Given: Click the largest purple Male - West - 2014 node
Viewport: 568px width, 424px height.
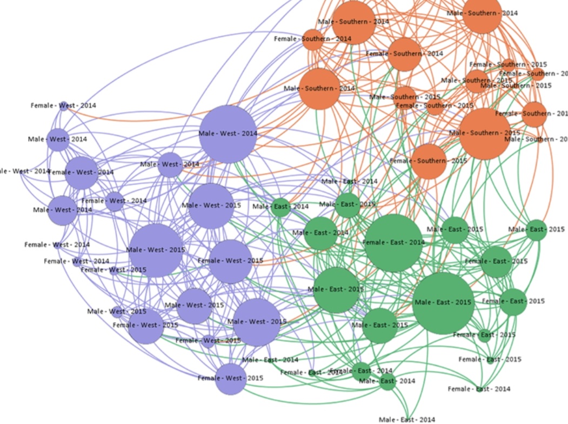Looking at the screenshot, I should click(x=228, y=134).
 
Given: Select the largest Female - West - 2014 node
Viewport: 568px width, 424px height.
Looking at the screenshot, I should click(x=82, y=173).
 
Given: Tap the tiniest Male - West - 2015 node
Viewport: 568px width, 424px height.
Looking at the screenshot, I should click(x=117, y=312).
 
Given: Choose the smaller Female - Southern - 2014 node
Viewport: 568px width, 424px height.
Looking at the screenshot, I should click(x=312, y=39).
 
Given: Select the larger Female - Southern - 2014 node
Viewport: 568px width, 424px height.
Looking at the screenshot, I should click(x=404, y=54).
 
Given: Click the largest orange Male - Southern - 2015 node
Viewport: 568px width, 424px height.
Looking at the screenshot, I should click(x=485, y=134).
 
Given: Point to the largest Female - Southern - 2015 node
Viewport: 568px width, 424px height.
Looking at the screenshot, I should click(x=429, y=161).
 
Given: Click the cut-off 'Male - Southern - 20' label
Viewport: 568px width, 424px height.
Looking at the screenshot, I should click(x=536, y=140).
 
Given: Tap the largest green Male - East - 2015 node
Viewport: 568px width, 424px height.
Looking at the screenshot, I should click(x=443, y=303).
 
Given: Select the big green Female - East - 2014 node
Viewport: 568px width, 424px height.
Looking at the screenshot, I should click(x=393, y=243).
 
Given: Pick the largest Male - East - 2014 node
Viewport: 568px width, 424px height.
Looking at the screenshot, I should click(x=320, y=233).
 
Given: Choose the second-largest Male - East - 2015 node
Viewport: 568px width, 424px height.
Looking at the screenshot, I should click(x=336, y=290).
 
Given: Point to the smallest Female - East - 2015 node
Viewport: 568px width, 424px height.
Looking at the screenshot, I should click(x=491, y=360).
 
